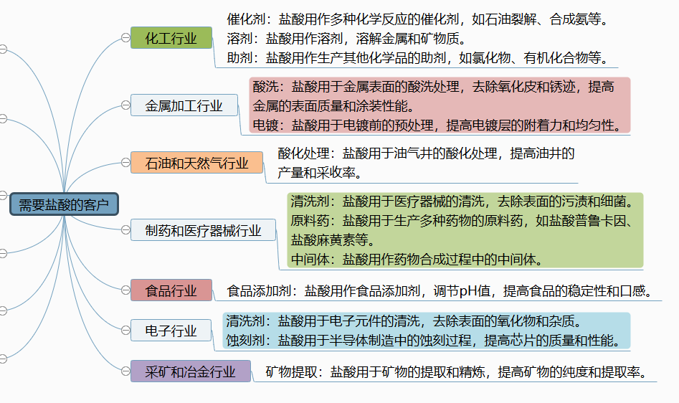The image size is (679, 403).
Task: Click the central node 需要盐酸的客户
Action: (64, 204)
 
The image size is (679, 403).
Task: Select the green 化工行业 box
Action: (171, 38)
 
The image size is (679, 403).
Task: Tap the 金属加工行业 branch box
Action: (184, 105)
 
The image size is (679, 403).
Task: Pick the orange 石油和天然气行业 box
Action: (196, 163)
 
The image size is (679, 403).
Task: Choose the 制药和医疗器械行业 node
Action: (203, 230)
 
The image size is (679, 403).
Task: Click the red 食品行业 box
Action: (171, 290)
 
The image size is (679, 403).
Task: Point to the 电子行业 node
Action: (171, 331)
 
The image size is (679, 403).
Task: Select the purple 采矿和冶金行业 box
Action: (191, 371)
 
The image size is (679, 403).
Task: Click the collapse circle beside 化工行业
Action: (125, 38)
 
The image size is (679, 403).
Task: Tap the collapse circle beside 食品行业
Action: (125, 290)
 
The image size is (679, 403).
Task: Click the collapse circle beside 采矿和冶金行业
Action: (125, 371)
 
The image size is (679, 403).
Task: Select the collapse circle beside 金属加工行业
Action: (125, 105)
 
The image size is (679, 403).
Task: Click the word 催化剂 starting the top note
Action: (246, 19)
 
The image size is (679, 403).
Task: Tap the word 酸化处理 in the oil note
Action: (303, 153)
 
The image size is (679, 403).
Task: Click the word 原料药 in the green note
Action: (310, 221)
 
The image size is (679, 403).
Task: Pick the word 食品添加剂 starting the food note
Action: (259, 291)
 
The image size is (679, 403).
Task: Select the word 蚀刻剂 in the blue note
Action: (245, 340)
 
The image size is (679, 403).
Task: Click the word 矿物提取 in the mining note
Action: (291, 372)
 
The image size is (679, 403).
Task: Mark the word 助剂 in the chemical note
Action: (239, 57)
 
